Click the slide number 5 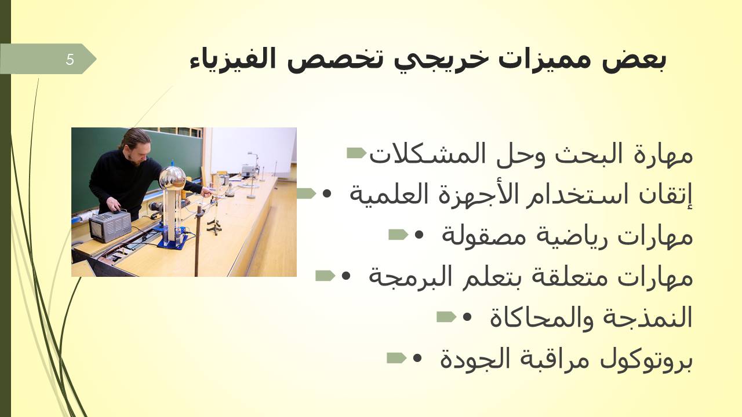point(70,60)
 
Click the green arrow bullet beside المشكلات point(357,153)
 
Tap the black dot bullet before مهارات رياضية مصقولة point(419,235)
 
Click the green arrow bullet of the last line point(397,358)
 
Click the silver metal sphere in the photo point(172,178)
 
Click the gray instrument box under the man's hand point(111,226)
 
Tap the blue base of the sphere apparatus point(172,242)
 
